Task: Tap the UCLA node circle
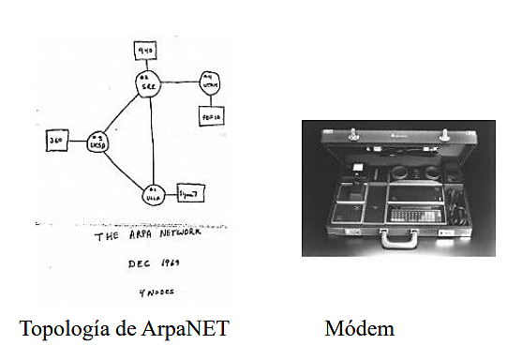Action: (153, 195)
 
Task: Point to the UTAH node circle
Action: (210, 82)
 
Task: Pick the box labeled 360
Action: (55, 142)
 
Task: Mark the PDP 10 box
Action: (210, 117)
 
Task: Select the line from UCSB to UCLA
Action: (125, 171)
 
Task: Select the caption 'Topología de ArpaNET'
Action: (125, 329)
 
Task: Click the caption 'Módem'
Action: (359, 329)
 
